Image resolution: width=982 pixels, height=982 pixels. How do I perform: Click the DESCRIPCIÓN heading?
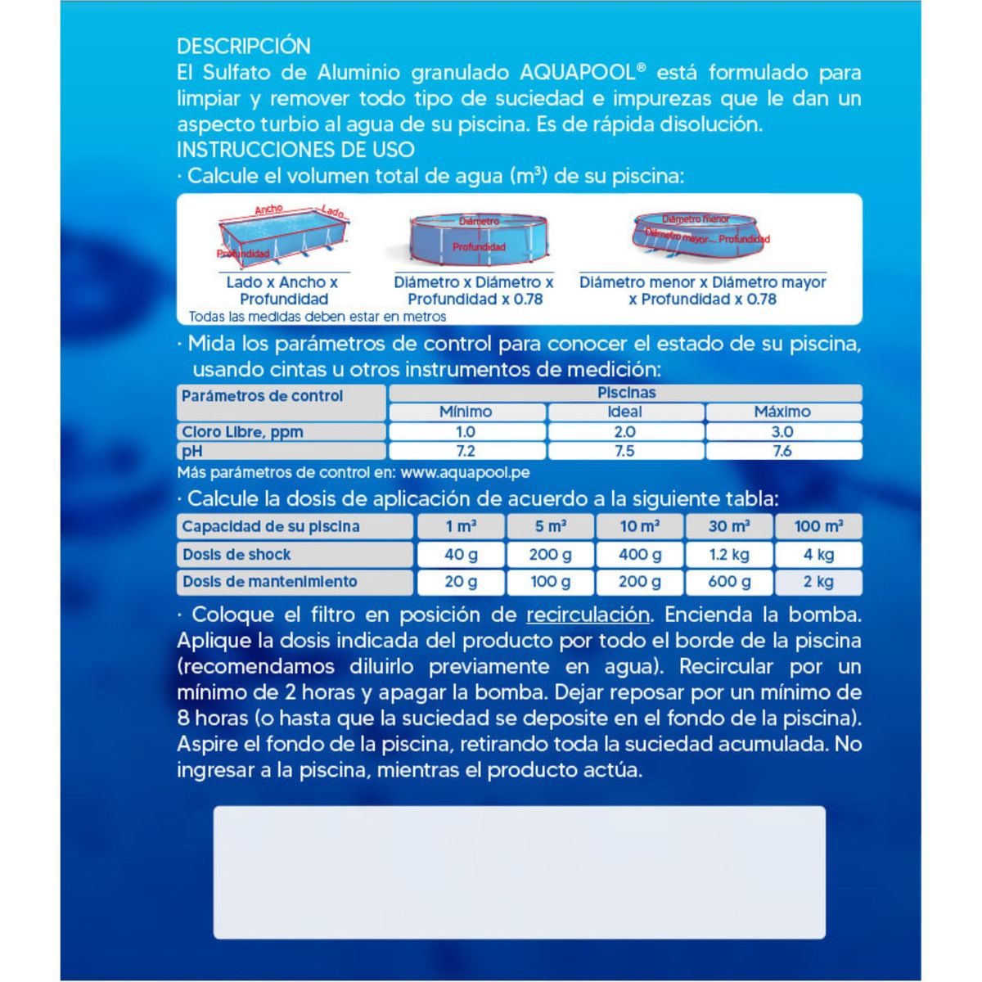tap(244, 46)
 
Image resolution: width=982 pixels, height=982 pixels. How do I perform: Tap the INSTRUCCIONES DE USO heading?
tap(295, 150)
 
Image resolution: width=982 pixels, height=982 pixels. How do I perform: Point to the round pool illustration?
tap(471, 238)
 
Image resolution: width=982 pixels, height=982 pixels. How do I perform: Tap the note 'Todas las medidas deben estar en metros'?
tap(318, 317)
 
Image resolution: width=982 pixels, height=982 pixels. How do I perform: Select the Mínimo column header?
tap(466, 412)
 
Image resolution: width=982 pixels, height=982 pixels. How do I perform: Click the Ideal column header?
tap(624, 412)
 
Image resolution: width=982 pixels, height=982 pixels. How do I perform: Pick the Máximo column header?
tap(782, 412)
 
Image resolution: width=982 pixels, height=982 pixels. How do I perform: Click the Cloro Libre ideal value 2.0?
tap(624, 432)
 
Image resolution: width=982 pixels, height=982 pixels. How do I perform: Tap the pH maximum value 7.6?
tap(782, 451)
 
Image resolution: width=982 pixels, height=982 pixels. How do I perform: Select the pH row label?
tap(192, 451)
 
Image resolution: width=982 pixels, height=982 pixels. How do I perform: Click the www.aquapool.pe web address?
tap(465, 473)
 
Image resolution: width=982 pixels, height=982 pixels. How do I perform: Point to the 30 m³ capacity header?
tap(728, 526)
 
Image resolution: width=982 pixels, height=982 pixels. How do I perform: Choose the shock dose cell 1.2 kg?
tap(728, 555)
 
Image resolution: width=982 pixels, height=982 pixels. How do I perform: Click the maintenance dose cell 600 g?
tap(728, 582)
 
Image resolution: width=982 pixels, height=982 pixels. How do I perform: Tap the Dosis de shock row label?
tap(236, 555)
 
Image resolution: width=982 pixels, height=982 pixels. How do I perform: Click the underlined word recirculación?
tap(588, 615)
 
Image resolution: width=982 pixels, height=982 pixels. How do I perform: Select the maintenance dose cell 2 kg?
tap(818, 582)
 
